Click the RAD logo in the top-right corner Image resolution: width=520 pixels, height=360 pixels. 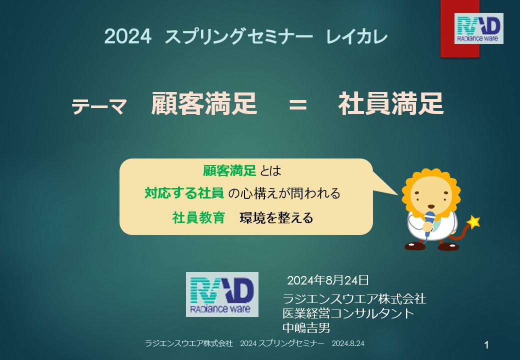pos(478,28)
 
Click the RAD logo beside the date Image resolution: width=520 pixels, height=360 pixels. pos(222,294)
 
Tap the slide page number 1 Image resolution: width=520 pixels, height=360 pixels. pos(486,345)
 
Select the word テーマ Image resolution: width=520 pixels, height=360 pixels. pos(99,106)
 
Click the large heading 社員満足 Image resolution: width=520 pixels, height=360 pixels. pos(390,103)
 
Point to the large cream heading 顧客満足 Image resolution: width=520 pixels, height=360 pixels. pos(204,103)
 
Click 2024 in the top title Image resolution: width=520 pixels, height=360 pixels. pos(128,36)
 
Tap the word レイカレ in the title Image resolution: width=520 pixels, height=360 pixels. pos(357,36)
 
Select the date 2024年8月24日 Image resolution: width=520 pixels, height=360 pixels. pos(327,280)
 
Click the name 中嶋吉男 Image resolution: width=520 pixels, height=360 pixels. pos(306,328)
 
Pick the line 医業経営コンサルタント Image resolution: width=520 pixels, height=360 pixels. pos(348,313)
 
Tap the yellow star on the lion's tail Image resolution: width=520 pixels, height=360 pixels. pos(473,222)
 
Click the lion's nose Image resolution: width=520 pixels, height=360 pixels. pos(430,206)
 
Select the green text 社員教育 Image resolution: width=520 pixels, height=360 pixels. pos(198,218)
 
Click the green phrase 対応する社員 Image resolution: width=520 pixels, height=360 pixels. pos(184,193)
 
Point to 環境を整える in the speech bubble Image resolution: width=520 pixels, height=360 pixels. pos(276,218)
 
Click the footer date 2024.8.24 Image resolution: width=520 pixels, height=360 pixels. pos(348,343)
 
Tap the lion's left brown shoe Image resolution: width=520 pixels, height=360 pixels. pos(415,246)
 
